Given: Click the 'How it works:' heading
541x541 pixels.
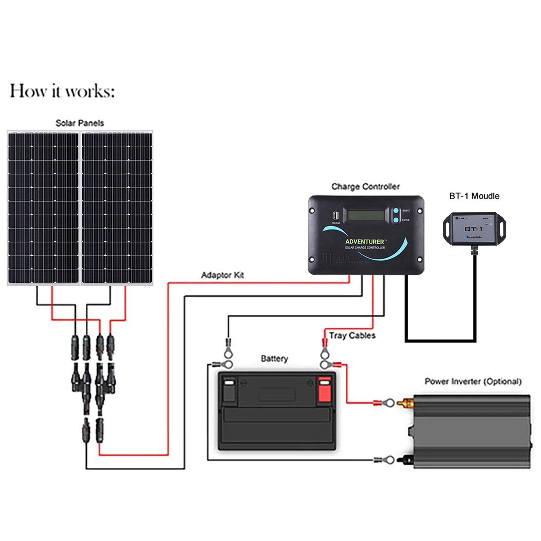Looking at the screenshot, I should (62, 91).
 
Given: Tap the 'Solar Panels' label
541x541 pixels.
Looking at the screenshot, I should (80, 123).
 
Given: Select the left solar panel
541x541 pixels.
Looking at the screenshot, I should (43, 208).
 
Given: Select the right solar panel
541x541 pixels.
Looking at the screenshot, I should (117, 208).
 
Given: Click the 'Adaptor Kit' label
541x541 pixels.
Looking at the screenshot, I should (222, 275).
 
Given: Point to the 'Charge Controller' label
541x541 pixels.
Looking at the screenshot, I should (365, 186).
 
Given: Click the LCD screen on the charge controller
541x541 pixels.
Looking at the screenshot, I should (366, 215).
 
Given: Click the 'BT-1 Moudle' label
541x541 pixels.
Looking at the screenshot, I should (474, 196).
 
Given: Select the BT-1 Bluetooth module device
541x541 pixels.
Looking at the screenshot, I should (474, 229).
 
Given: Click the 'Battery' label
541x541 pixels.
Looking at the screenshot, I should (274, 359).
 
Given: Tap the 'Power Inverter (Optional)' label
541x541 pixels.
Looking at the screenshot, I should (473, 381).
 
